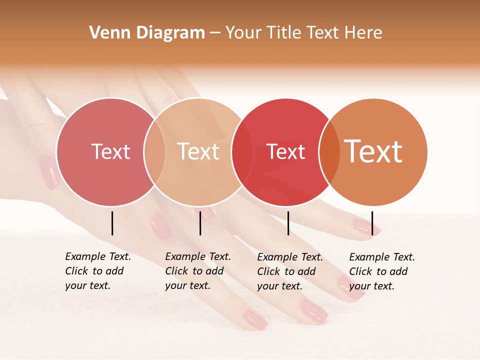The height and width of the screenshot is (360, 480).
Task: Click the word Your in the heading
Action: pos(243,33)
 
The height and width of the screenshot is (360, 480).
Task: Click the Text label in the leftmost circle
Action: pos(110,152)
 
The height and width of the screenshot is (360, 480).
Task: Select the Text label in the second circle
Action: pos(198,152)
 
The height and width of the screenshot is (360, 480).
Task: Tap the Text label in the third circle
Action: pos(285,152)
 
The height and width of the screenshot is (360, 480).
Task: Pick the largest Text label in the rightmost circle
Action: pos(373,151)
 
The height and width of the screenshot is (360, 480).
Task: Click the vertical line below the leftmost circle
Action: pos(112,223)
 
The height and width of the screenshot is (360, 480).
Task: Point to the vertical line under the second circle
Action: pos(200,223)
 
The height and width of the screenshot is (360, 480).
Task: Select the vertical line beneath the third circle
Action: pos(288,223)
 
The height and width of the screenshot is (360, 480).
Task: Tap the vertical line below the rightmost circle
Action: pos(372,223)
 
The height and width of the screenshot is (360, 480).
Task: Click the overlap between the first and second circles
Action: pos(154,152)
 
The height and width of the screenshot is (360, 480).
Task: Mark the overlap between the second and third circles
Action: pos(242,152)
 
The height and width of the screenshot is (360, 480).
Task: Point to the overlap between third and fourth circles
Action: pos(329,152)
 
